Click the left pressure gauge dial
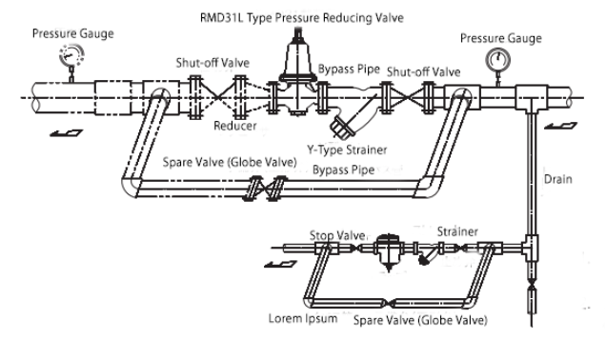71,55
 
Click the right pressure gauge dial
497,60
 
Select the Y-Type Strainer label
347,150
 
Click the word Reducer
235,126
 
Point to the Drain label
557,179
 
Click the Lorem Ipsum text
303,318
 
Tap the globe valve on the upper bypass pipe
265,189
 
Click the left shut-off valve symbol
218,97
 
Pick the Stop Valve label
337,235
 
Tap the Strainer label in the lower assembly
457,231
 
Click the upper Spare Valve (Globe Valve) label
230,162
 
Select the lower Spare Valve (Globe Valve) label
420,320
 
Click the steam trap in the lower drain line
389,251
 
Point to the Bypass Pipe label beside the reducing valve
349,70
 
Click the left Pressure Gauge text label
73,33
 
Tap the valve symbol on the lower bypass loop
390,303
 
